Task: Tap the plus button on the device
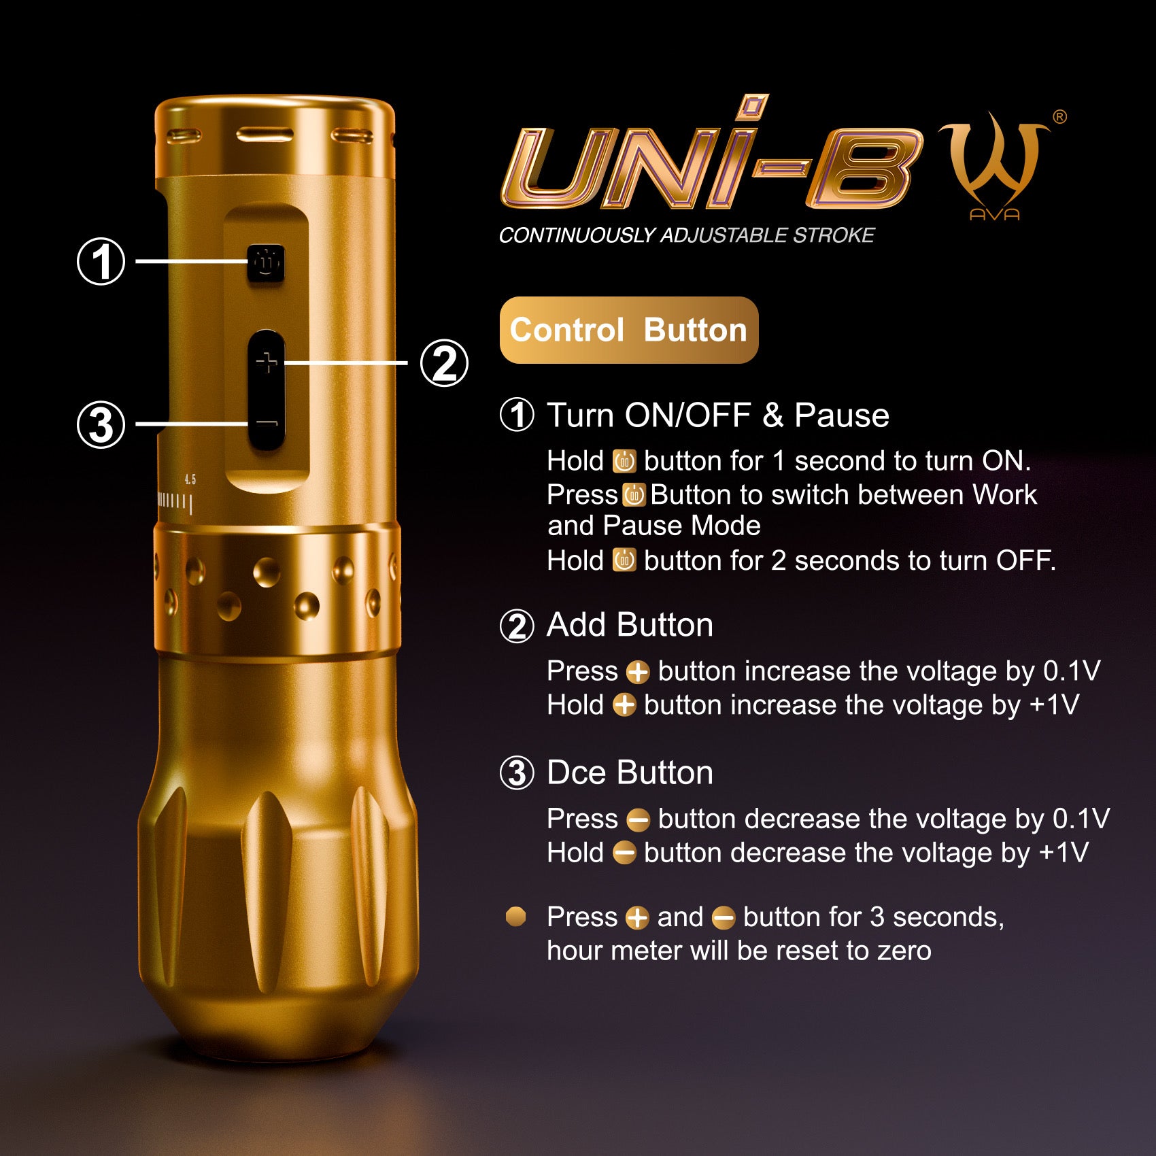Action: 267,363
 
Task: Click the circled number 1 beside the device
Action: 101,261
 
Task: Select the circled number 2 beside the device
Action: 444,363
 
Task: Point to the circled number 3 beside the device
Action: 101,424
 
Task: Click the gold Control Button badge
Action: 629,330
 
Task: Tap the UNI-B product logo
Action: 711,153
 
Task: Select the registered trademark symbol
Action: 1059,117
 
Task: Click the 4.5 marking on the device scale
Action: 190,480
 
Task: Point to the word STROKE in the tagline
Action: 834,235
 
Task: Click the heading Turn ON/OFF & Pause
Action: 718,415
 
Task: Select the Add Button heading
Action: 630,624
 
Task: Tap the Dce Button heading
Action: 630,772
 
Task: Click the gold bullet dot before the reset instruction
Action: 516,917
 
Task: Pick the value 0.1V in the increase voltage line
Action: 1072,671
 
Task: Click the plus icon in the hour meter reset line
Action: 637,918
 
